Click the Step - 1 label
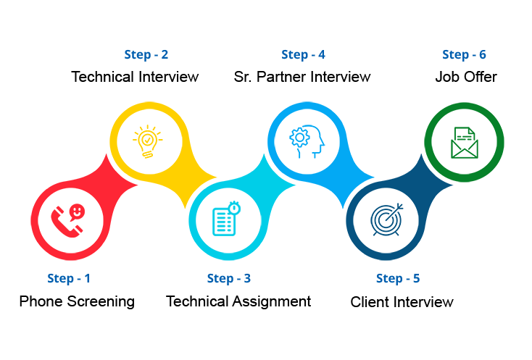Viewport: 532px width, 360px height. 69,278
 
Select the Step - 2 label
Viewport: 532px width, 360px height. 146,54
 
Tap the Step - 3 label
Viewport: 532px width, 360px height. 228,278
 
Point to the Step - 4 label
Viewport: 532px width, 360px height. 303,54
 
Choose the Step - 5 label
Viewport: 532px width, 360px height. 398,278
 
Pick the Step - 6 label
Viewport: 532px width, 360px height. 464,54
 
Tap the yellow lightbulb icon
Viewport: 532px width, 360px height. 148,141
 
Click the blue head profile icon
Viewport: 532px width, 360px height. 307,141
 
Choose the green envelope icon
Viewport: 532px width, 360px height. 464,143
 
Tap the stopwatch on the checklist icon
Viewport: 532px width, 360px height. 233,207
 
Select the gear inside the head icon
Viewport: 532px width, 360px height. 299,136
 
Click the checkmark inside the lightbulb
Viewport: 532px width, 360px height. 147,138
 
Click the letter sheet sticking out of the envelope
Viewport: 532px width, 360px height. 464,135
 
